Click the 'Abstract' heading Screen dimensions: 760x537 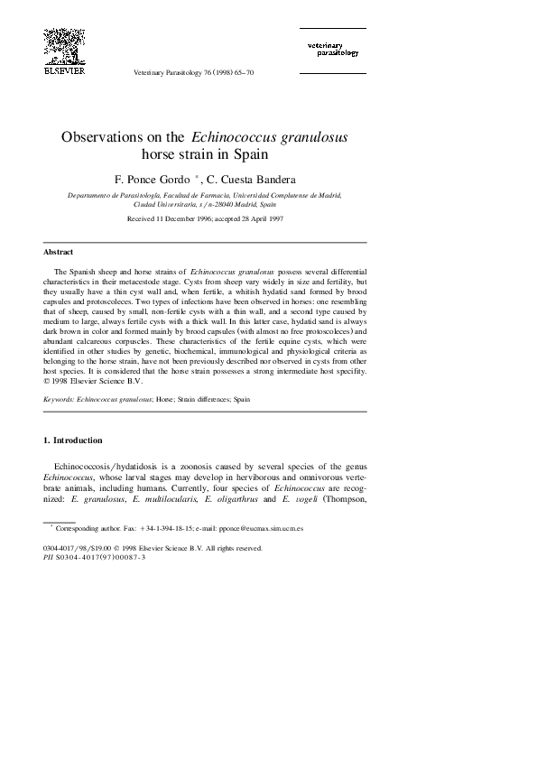coord(59,252)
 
